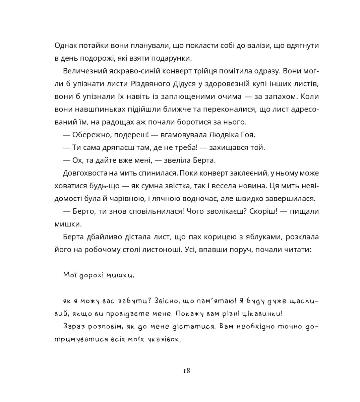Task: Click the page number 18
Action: click(187, 371)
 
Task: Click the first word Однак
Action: click(66, 46)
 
